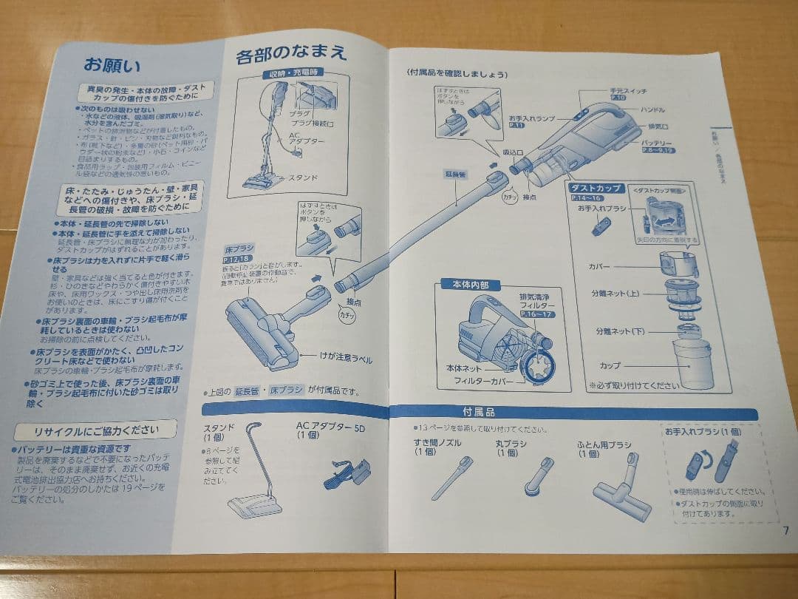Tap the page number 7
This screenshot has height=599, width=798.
point(785,529)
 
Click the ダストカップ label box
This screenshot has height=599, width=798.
point(596,189)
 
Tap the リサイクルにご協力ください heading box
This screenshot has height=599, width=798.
point(95,430)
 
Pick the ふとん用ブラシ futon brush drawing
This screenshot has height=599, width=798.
point(622,484)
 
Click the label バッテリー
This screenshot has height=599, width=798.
point(656,142)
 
